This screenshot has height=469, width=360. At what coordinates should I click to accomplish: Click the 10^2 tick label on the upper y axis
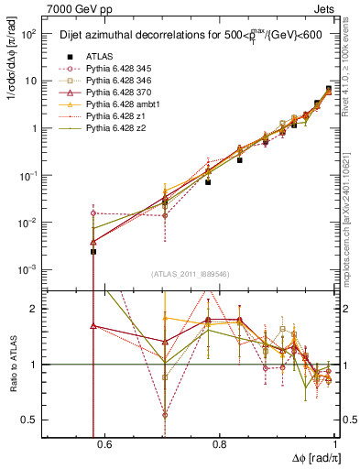click(28, 34)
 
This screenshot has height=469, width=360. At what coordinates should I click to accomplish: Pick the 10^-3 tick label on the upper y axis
click(28, 269)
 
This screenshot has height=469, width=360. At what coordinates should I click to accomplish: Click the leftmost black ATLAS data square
click(93, 251)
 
